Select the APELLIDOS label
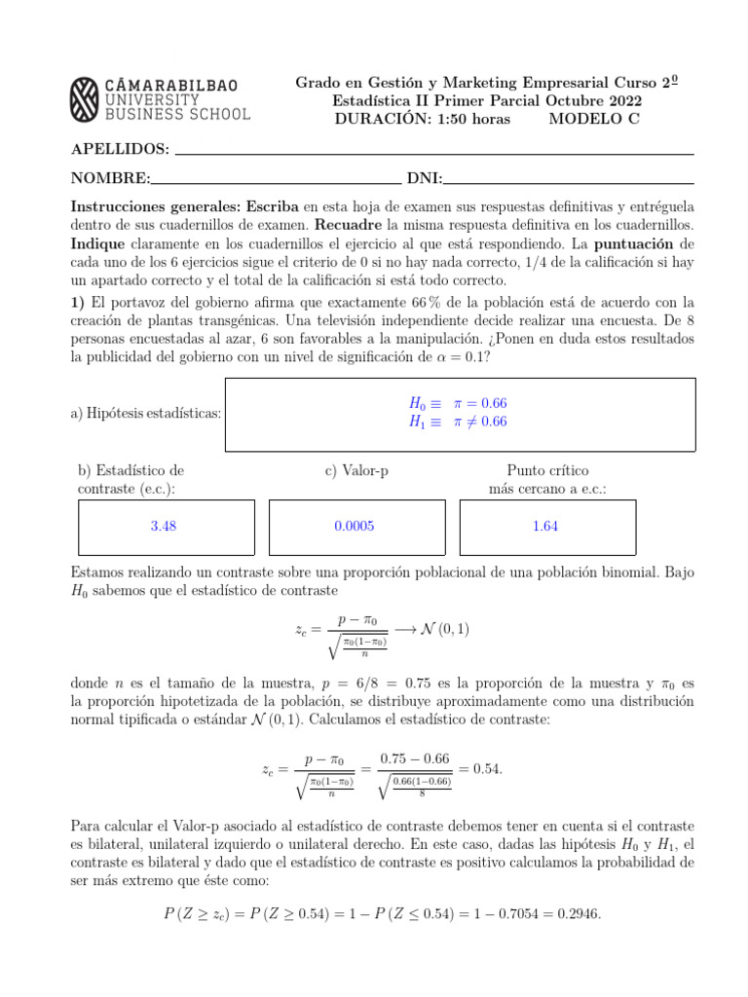pos(120,149)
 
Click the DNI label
pos(424,178)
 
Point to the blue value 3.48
pos(164,526)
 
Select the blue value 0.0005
pos(354,526)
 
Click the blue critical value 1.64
pos(545,526)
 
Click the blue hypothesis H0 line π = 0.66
pos(458,403)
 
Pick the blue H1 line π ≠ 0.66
pos(458,422)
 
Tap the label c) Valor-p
pos(356,470)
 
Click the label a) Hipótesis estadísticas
pos(146,414)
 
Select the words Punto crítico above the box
pos(547,470)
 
